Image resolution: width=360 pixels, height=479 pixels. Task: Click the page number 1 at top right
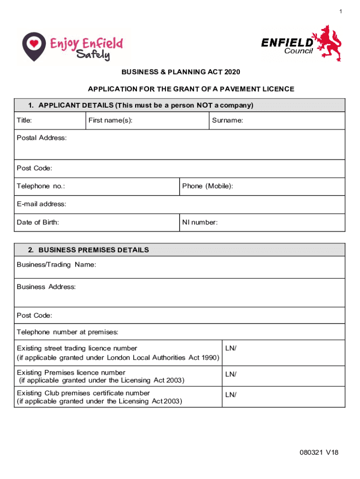(341, 11)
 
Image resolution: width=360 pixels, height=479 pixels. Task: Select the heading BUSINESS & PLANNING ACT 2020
(180, 72)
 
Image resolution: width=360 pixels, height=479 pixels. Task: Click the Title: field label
(24, 121)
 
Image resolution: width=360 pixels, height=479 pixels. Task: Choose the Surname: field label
(227, 121)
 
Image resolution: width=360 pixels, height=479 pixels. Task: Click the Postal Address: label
(42, 138)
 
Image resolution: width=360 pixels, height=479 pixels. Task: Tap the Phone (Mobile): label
(208, 186)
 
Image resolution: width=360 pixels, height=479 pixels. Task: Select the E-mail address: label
(42, 204)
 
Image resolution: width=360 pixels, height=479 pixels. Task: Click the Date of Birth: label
(38, 223)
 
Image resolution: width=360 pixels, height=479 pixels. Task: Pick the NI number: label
(200, 223)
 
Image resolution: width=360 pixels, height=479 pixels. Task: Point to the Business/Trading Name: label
(57, 265)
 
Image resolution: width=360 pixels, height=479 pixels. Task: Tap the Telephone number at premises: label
(68, 332)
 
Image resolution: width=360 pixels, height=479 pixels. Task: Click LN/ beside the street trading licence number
(231, 348)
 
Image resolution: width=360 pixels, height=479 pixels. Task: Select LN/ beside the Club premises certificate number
(231, 395)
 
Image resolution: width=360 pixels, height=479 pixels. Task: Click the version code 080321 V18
(319, 452)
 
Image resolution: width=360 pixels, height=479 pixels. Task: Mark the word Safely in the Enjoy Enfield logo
(93, 55)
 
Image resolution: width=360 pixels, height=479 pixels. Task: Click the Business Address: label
(46, 287)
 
